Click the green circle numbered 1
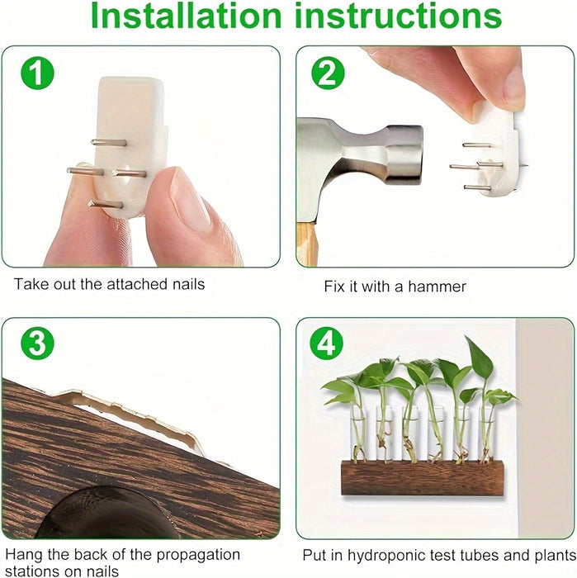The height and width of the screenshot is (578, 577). tap(37, 73)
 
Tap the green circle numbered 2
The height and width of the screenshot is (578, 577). tap(328, 73)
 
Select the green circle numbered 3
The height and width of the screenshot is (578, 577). tap(37, 343)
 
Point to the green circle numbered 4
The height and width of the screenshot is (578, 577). tap(326, 343)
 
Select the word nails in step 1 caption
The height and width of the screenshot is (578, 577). tap(189, 284)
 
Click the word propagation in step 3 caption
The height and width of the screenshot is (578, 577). tap(198, 556)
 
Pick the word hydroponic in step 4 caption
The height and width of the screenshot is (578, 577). tap(388, 555)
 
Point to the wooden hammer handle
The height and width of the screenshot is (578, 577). tap(307, 244)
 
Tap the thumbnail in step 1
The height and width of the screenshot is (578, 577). tap(190, 200)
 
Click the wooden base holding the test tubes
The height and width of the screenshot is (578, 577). tap(423, 478)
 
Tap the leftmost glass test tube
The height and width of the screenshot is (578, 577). tap(357, 433)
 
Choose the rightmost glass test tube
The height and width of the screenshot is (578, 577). tap(487, 434)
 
